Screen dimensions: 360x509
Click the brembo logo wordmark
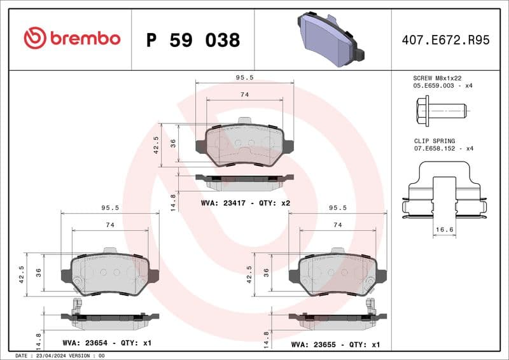pos(72,38)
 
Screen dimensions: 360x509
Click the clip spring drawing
pos(444,191)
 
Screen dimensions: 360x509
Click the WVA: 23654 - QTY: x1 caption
pos(107,343)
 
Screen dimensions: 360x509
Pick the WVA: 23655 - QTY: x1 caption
pos(335,344)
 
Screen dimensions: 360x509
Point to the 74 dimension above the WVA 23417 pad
pos(244,95)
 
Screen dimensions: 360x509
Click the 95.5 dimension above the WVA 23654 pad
pos(110,207)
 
